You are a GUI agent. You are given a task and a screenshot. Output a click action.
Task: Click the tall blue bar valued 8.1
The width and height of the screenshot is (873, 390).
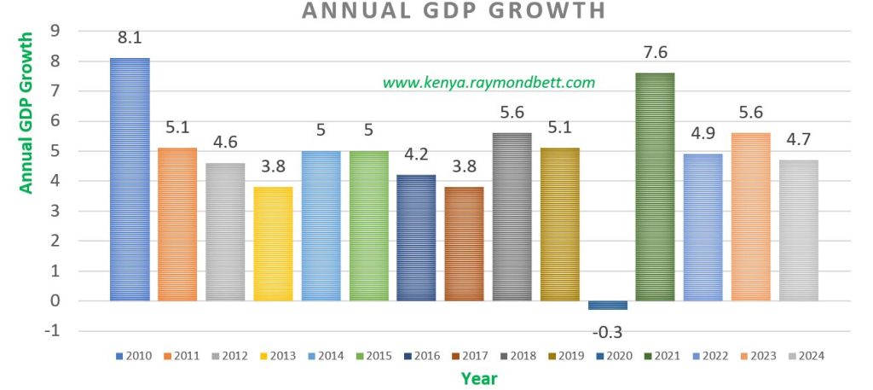(x=130, y=179)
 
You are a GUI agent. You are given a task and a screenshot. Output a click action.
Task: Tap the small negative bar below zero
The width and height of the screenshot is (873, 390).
(x=607, y=306)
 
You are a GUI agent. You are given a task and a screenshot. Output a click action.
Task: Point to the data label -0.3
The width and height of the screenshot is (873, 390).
(x=607, y=332)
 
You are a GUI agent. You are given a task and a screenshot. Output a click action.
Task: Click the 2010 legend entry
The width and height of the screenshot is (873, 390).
(x=133, y=355)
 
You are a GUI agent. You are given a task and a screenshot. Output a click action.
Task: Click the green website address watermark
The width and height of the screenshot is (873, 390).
(x=489, y=83)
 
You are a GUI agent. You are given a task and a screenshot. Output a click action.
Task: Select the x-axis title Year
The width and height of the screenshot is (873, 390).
(x=479, y=377)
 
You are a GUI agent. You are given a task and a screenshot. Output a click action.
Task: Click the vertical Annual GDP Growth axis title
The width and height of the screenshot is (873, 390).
(x=26, y=113)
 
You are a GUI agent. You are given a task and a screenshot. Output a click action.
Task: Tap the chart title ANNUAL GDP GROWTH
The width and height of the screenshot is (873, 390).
(x=454, y=10)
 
